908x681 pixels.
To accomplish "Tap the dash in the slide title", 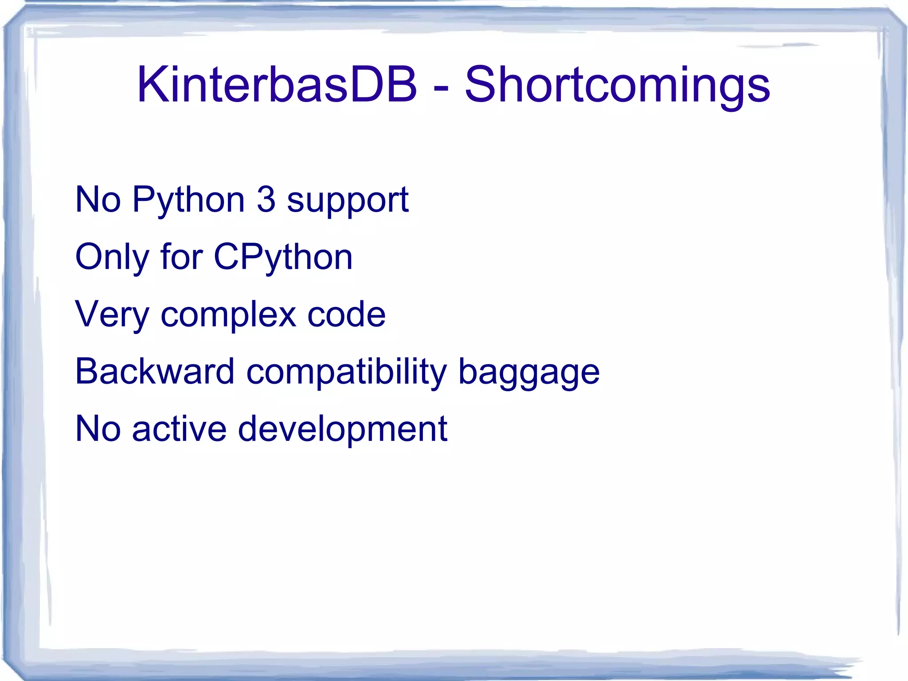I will click(441, 87).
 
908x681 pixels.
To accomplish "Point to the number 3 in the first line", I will click(266, 199).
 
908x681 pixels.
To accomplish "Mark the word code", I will click(346, 314).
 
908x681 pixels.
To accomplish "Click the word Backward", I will click(155, 371).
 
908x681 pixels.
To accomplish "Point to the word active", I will click(179, 429).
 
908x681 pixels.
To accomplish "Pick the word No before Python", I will click(98, 200).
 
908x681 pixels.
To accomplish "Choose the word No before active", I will click(98, 429).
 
